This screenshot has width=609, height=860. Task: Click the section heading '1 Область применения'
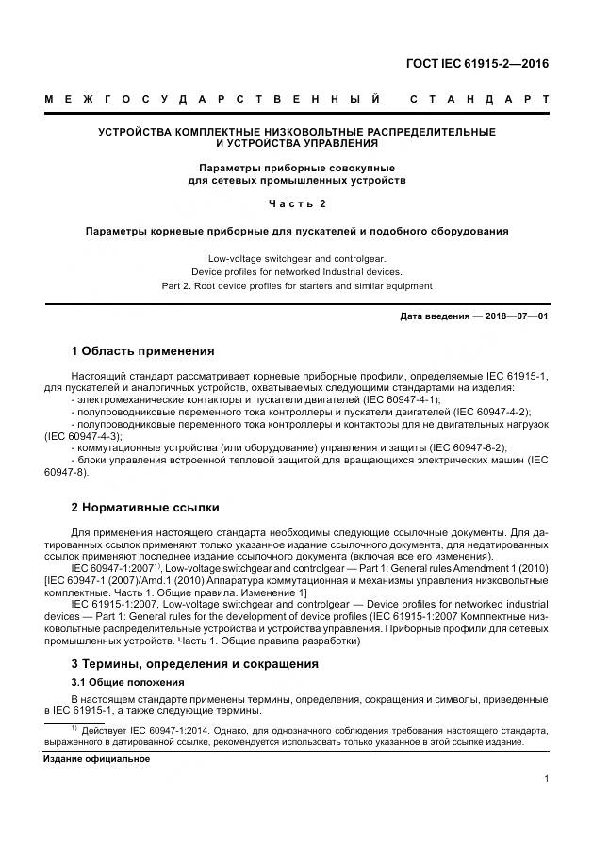pyautogui.click(x=142, y=351)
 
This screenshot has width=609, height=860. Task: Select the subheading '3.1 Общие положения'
pyautogui.click(x=127, y=681)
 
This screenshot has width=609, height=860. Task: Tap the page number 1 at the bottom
pyautogui.click(x=547, y=778)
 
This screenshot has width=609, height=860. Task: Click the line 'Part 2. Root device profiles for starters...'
pyautogui.click(x=296, y=285)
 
